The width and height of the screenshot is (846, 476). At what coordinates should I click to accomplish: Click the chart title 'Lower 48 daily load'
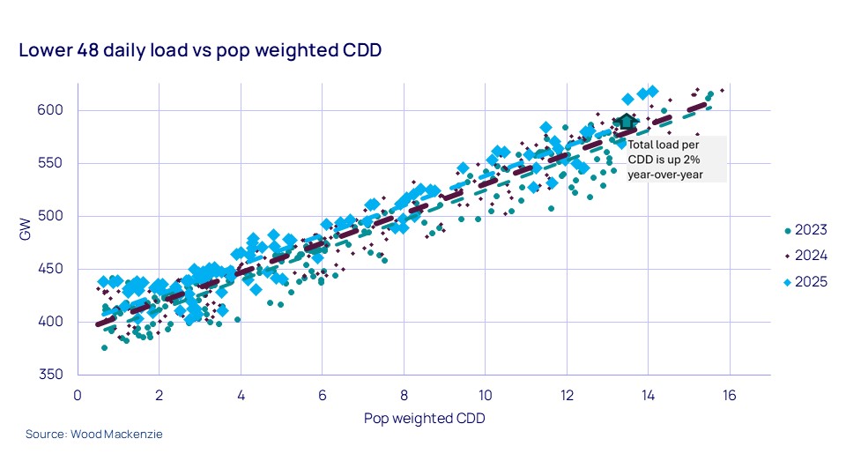pyautogui.click(x=200, y=51)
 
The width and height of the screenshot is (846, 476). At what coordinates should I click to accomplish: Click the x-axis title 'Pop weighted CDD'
pyautogui.click(x=424, y=419)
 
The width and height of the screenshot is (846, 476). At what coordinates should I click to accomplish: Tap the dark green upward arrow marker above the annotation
pyautogui.click(x=625, y=121)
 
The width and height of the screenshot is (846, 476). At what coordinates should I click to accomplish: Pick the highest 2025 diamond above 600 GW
pyautogui.click(x=653, y=91)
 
